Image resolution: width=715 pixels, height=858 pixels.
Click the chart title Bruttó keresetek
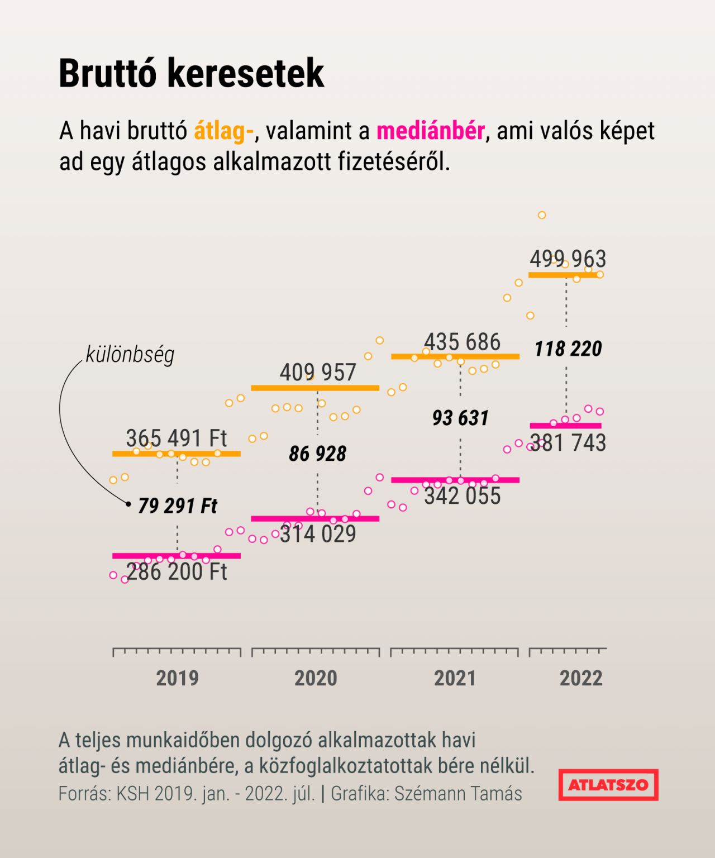(191, 73)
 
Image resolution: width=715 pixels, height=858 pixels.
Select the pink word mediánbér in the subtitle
(430, 131)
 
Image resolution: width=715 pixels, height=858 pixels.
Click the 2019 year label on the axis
(177, 678)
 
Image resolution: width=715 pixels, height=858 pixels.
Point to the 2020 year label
(316, 678)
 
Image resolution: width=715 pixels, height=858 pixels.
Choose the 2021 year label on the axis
(455, 678)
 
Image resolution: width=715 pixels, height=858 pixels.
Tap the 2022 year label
(581, 678)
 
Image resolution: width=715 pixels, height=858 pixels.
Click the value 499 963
(568, 259)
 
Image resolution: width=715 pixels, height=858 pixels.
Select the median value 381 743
(568, 443)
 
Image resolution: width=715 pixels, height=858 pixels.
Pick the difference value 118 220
(568, 349)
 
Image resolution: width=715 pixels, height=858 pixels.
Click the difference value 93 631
(460, 418)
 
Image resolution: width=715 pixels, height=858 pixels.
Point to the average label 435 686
(462, 342)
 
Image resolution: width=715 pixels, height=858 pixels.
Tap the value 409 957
(317, 372)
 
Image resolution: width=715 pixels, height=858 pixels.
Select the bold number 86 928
(317, 454)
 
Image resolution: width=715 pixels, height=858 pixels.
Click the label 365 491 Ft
(177, 438)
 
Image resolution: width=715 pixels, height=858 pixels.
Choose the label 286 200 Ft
(177, 571)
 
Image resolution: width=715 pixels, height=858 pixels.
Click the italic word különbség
(130, 354)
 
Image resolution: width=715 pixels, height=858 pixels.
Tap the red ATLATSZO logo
(608, 785)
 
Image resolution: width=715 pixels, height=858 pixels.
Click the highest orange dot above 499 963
(542, 215)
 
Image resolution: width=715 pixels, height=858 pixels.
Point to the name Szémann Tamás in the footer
(458, 794)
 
